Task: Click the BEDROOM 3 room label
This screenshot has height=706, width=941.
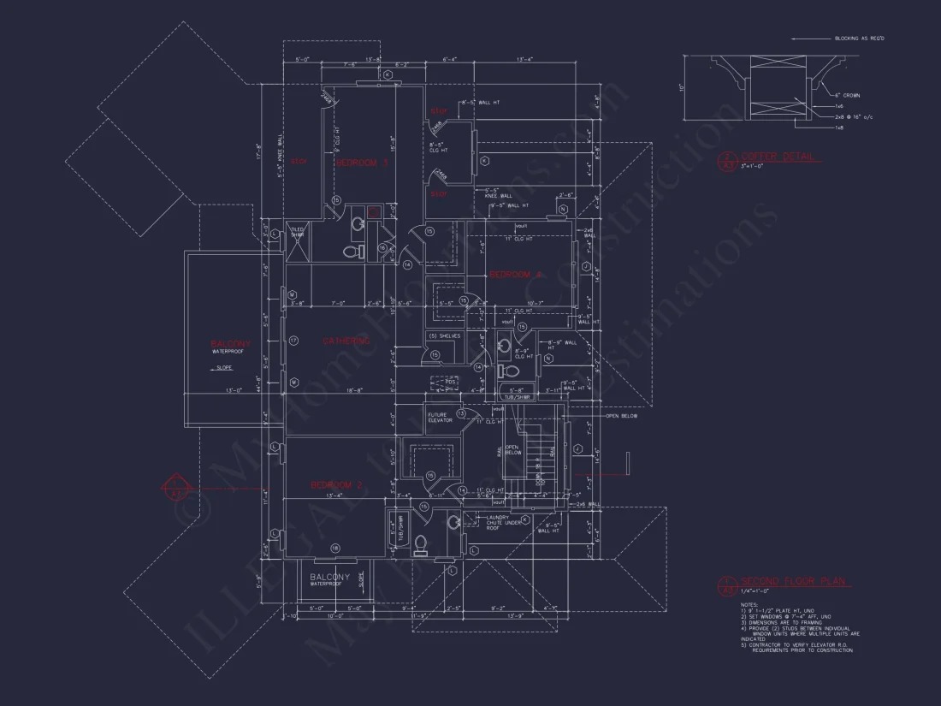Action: click(x=362, y=162)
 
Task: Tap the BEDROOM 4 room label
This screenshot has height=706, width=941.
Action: click(x=516, y=275)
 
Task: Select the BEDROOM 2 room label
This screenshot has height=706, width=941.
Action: click(x=336, y=485)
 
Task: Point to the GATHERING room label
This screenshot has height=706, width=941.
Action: click(x=346, y=341)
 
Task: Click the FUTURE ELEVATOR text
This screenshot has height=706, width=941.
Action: click(x=440, y=418)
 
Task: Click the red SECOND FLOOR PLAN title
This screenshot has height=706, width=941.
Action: click(x=793, y=582)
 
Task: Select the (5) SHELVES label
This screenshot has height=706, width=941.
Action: click(x=444, y=335)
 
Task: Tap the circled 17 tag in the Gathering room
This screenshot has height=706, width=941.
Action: click(x=293, y=341)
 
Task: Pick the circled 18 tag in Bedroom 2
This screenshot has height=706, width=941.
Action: click(x=335, y=548)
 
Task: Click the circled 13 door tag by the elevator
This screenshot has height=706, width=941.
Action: click(x=461, y=413)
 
